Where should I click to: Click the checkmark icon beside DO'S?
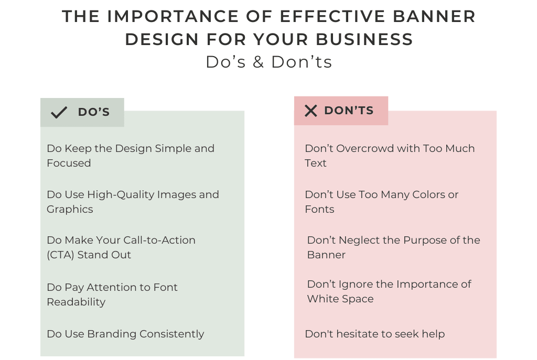click(59, 112)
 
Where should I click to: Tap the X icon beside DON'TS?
click(311, 111)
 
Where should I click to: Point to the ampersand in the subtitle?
click(258, 62)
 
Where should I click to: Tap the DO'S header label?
click(94, 112)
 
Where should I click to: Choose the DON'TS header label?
click(349, 111)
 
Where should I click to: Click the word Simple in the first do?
click(158, 148)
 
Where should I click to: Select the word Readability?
click(76, 302)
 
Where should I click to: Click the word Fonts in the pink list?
click(319, 209)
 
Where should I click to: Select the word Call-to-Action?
click(158, 240)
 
